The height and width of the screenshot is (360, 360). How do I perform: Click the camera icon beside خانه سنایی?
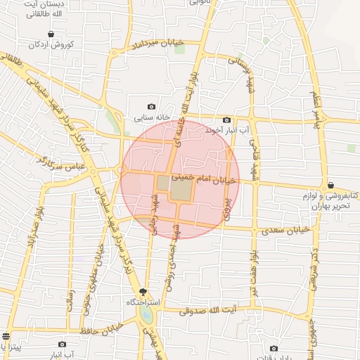151,106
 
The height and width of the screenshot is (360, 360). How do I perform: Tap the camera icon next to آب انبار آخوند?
226,120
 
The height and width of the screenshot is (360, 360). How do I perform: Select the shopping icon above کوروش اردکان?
51,34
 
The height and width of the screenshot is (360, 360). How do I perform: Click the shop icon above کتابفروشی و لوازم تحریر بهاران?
330,185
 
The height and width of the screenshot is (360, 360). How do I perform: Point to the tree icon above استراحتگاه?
144,292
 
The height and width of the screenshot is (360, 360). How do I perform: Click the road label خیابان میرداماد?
157,45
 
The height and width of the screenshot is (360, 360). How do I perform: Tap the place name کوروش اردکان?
51,45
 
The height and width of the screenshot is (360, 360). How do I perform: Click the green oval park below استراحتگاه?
146,314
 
